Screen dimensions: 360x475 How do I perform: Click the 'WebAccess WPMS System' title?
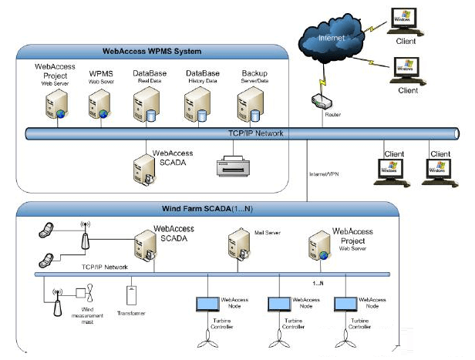pos(152,52)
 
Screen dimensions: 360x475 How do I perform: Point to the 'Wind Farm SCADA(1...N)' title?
pos(207,209)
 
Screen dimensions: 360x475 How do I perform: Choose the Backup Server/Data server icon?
pos(249,104)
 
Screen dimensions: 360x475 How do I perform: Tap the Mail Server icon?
pos(238,249)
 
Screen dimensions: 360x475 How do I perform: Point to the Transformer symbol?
pos(130,296)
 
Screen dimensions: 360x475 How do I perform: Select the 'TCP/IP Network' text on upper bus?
pos(257,133)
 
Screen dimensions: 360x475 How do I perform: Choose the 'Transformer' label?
pos(130,314)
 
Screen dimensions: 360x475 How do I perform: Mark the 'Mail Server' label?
pos(267,230)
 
